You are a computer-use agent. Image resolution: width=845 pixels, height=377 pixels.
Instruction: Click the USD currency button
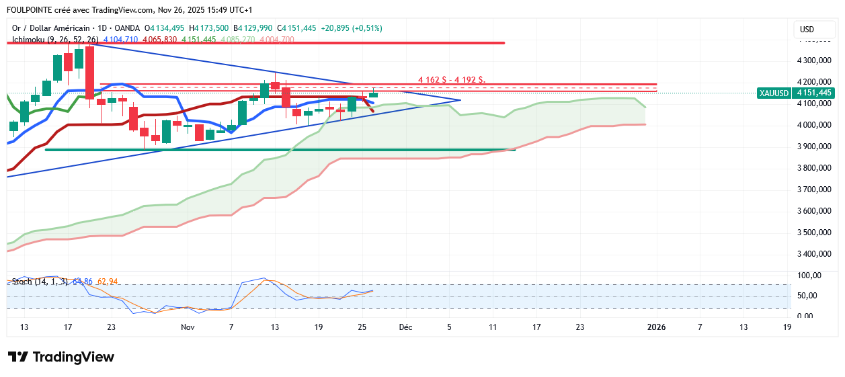(x=807, y=30)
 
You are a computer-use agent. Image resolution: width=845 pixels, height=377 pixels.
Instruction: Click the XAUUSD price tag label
(x=774, y=93)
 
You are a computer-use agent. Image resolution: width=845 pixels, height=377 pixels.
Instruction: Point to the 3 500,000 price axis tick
(x=812, y=233)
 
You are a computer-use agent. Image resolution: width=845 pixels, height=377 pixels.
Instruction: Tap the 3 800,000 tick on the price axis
(x=812, y=168)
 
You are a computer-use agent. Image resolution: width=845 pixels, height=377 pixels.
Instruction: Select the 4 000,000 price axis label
(x=812, y=125)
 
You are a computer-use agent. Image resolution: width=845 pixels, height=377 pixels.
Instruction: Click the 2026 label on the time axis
(x=656, y=327)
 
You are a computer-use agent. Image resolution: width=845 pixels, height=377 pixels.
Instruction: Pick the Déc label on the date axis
(x=405, y=327)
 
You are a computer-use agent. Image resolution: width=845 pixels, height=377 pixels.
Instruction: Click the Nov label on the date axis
(x=188, y=327)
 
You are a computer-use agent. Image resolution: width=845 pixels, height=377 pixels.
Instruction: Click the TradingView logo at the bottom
(x=61, y=357)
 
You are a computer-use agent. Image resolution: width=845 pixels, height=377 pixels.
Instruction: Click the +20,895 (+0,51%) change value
(x=352, y=28)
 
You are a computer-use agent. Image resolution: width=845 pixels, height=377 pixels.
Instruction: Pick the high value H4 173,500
(x=209, y=28)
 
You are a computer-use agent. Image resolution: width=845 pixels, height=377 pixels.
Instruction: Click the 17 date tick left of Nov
(x=67, y=327)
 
